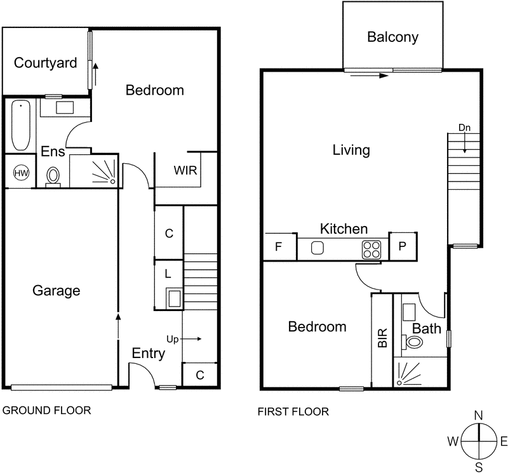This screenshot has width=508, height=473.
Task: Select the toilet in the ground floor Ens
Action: click(53, 175)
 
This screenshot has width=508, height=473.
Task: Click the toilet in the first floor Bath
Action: click(413, 343)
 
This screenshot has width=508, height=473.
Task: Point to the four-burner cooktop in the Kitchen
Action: click(371, 248)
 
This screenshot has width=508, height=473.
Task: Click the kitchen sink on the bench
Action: click(317, 248)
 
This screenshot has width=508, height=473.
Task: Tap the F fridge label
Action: click(277, 247)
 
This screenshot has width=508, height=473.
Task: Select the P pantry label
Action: click(402, 247)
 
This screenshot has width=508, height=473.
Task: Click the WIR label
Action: click(185, 171)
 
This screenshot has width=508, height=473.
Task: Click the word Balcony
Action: click(392, 37)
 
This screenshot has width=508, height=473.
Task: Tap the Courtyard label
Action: click(46, 63)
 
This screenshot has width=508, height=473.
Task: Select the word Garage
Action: click(57, 291)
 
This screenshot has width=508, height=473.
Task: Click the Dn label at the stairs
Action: click(465, 128)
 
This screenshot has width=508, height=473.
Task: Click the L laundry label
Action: click(168, 274)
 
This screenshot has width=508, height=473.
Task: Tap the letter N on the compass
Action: click(479, 415)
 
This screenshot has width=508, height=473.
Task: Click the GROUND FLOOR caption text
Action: click(47, 410)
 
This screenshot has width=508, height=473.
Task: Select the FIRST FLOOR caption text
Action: click(293, 411)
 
